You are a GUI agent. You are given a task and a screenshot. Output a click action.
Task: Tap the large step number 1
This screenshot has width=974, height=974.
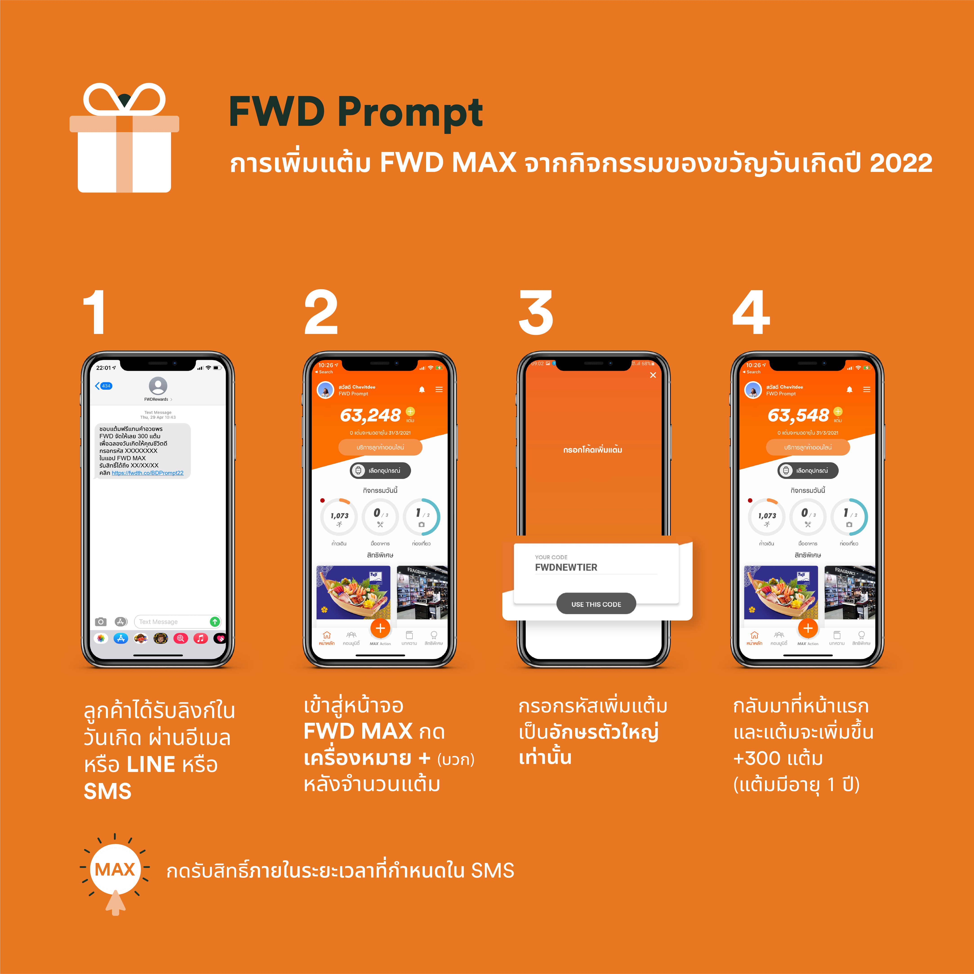pyautogui.click(x=94, y=313)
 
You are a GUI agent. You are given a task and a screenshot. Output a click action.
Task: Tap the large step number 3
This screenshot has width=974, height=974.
pyautogui.click(x=536, y=313)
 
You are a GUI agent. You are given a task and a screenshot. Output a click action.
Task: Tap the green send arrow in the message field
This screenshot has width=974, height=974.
pyautogui.click(x=215, y=622)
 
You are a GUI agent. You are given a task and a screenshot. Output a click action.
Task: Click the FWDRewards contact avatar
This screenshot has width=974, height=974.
pyautogui.click(x=158, y=386)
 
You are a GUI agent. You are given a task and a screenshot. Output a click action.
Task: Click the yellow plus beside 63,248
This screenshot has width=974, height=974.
pyautogui.click(x=410, y=411)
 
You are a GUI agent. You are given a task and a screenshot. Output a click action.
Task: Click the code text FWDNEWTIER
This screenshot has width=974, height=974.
pyautogui.click(x=566, y=567)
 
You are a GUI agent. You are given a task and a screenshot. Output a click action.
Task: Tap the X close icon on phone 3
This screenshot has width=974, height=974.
pyautogui.click(x=653, y=375)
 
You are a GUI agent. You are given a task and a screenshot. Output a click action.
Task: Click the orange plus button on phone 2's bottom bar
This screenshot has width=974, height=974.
pyautogui.click(x=380, y=628)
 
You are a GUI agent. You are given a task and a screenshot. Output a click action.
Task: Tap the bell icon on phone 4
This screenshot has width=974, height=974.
pyautogui.click(x=849, y=389)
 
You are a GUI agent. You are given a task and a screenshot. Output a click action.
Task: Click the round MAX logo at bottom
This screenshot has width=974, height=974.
pyautogui.click(x=115, y=869)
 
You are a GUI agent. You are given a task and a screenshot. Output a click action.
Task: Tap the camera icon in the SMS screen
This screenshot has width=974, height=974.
pyautogui.click(x=101, y=622)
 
